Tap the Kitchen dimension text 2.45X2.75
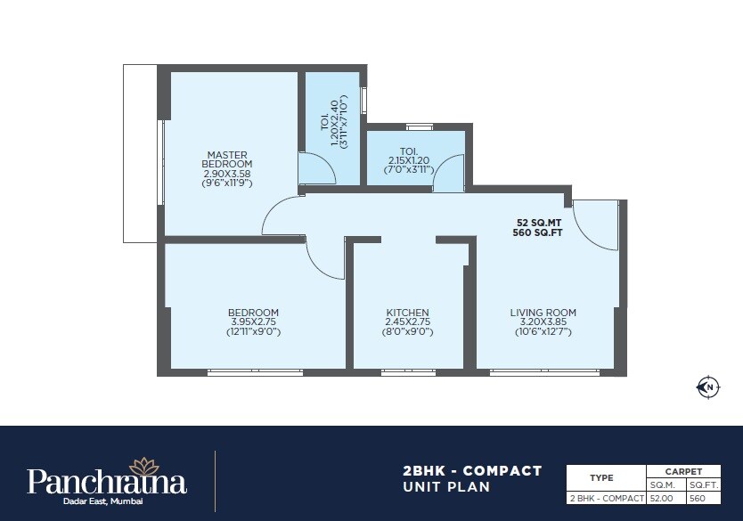point(408,322)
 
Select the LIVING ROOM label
point(543,313)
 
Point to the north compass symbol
point(707,387)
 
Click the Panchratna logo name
point(107,483)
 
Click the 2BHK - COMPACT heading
point(472,470)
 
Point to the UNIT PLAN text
point(447,487)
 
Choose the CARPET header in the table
point(683,471)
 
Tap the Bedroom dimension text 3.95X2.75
point(253,322)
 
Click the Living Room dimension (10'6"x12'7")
point(543,331)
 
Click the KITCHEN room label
point(408,313)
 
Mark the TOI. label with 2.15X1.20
point(408,151)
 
